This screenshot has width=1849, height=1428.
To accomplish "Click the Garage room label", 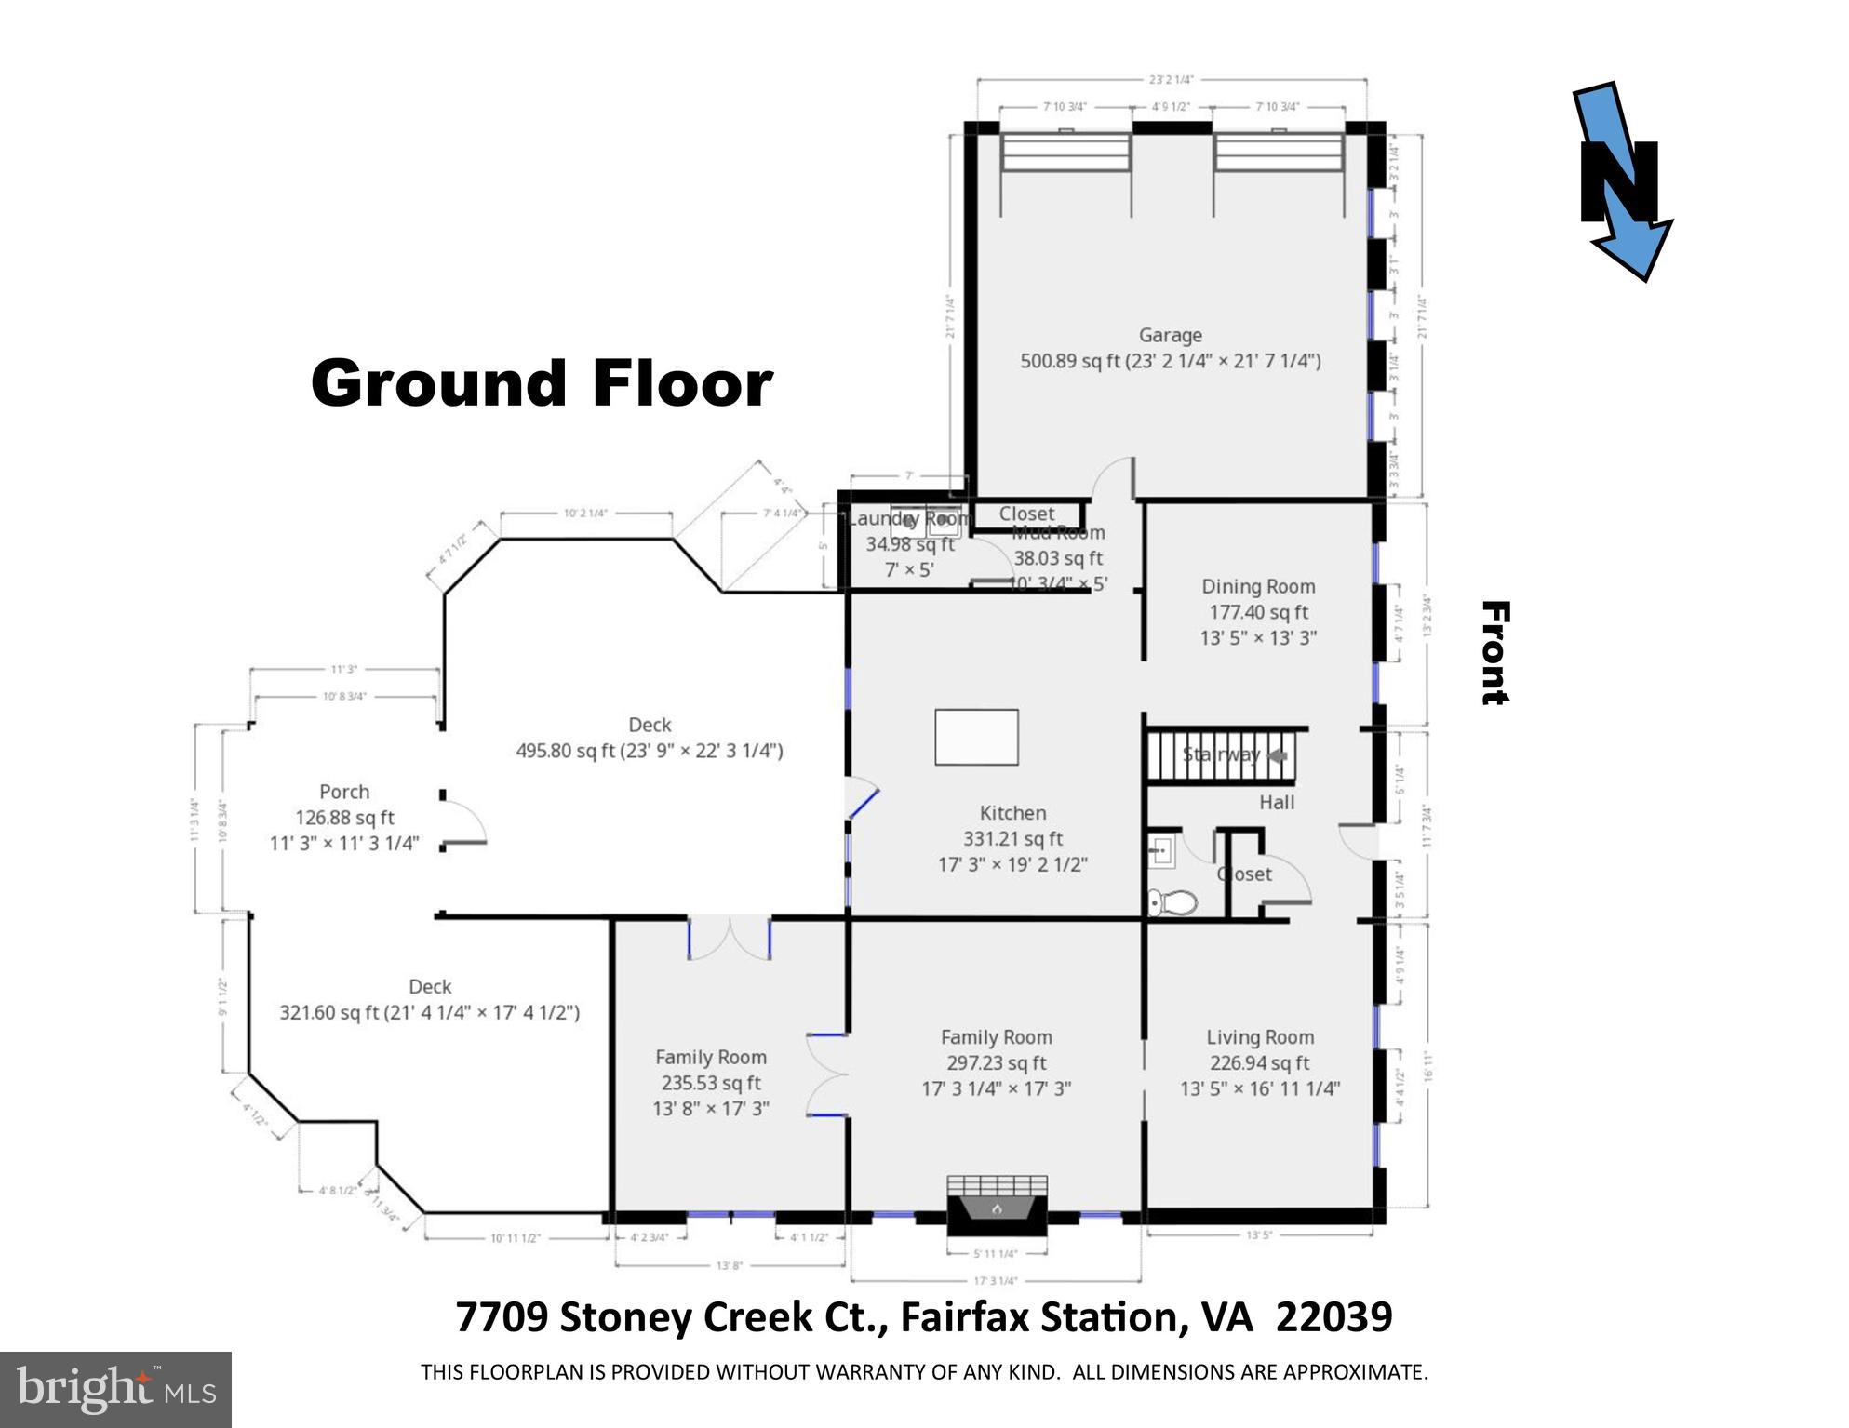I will (x=1170, y=336).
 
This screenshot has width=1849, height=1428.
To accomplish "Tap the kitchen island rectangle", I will (x=976, y=737).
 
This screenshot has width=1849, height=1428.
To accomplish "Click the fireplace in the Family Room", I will (x=997, y=1207).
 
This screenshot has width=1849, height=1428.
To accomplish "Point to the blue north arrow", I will (x=1624, y=181).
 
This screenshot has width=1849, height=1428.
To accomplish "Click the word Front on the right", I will (x=1494, y=652).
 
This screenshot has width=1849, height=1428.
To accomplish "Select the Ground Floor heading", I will (x=542, y=383).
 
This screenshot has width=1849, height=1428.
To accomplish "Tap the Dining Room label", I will (x=1258, y=587).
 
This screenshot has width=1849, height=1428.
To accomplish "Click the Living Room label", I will (x=1260, y=1037).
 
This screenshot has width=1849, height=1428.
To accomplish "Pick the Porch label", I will (x=344, y=792).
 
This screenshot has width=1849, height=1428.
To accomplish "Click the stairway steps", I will (x=1210, y=754).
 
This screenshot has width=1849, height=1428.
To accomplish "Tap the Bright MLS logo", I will (x=115, y=1390).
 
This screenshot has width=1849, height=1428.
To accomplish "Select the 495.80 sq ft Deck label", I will (x=650, y=738).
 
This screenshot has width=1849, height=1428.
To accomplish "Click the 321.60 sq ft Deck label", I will (x=430, y=1000).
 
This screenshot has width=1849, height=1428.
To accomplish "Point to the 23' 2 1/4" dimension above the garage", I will (x=1171, y=80).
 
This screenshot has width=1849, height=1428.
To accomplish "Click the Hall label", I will (x=1277, y=802).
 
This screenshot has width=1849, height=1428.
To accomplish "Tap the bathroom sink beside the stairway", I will (x=1161, y=850).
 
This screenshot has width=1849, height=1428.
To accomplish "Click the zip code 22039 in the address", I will (x=1333, y=1317).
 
